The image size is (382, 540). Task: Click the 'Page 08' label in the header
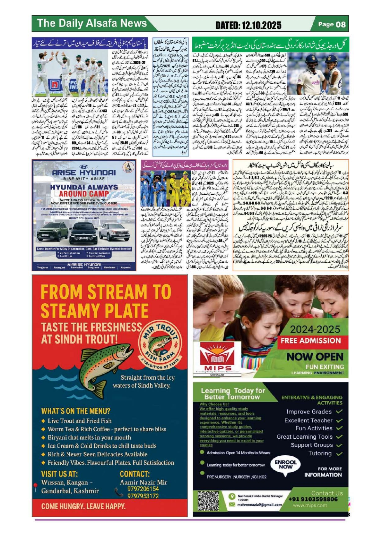point(332,24)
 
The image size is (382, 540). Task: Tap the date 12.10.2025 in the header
point(248,25)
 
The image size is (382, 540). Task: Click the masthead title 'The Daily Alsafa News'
point(92,23)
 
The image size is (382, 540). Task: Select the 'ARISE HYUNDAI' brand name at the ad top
point(84,172)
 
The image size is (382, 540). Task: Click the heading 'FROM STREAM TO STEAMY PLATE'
point(106,301)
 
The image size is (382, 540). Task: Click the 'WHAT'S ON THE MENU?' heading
point(76,411)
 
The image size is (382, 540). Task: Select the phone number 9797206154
point(143,489)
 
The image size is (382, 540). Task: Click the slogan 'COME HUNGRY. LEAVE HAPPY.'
point(83,506)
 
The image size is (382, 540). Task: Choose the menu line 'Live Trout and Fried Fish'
point(80,421)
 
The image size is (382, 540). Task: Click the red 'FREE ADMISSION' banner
point(310,341)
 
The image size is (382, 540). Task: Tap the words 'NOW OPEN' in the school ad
point(315,357)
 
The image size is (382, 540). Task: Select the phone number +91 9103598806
point(313,499)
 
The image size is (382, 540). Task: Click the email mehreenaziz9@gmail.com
point(259,504)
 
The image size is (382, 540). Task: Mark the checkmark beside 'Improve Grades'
point(339,411)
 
